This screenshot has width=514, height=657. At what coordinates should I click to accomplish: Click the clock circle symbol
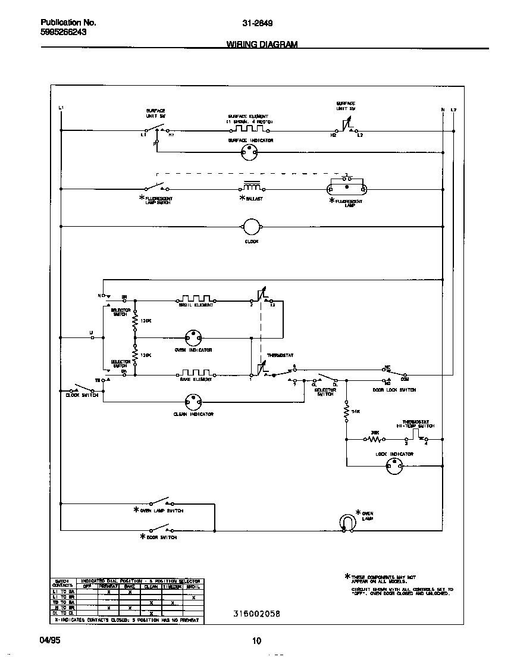(x=250, y=227)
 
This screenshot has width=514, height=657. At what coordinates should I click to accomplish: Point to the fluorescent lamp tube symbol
(x=347, y=189)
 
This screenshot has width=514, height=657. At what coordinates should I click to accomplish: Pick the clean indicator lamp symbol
(x=193, y=402)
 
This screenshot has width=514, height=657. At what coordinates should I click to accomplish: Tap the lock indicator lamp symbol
(x=394, y=467)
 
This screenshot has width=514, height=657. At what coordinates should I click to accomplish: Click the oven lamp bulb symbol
(x=346, y=522)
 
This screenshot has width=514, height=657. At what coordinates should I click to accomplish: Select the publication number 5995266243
(x=64, y=33)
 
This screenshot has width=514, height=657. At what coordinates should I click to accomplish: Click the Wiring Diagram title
(x=262, y=45)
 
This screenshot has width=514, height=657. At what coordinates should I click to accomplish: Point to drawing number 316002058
(x=257, y=614)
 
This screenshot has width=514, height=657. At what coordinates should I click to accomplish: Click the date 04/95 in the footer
(x=51, y=641)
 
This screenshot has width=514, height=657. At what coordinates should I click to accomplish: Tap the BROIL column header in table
(x=193, y=586)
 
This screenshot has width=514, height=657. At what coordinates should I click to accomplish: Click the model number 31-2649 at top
(x=258, y=24)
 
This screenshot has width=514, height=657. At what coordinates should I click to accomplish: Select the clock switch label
(x=82, y=395)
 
